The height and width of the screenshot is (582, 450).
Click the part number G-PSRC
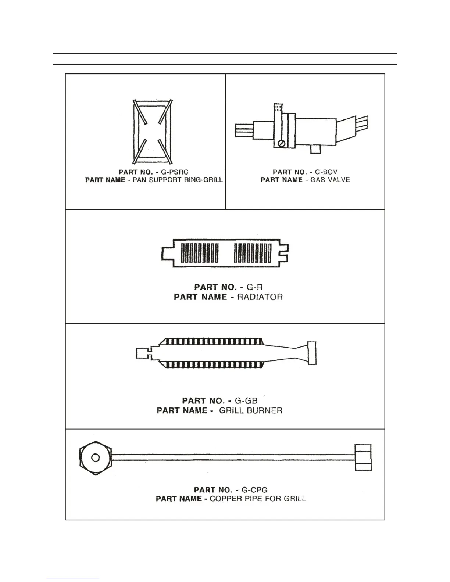175,172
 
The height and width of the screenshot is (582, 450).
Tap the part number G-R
254,287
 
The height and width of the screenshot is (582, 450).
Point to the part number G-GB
246,400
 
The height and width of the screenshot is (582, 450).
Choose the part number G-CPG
254,490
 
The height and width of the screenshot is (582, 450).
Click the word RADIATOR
260,297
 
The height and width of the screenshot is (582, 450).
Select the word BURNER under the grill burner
264,410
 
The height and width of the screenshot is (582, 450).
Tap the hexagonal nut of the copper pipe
95,458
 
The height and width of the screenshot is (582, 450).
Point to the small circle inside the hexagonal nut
95,458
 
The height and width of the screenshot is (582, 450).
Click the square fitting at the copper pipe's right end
363,457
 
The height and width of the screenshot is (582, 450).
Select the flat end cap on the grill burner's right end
312,353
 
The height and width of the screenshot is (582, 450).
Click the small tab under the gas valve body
315,149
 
